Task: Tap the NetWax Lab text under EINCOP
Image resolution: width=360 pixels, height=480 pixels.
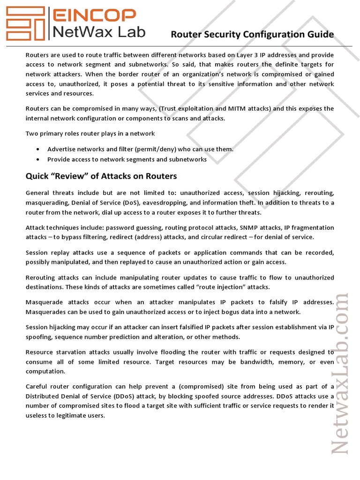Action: (x=97, y=32)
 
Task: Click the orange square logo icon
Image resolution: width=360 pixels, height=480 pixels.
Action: (x=24, y=23)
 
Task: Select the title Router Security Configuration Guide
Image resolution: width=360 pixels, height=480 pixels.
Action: (x=252, y=34)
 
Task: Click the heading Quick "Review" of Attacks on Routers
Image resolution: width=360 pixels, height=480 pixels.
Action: (x=101, y=176)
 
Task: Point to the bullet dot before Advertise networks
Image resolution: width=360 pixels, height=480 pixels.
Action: (x=37, y=149)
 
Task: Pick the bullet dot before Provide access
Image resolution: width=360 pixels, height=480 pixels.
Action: (x=37, y=159)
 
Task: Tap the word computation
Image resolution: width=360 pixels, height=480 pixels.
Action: (x=46, y=372)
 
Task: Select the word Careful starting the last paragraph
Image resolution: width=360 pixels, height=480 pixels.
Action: (x=37, y=387)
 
